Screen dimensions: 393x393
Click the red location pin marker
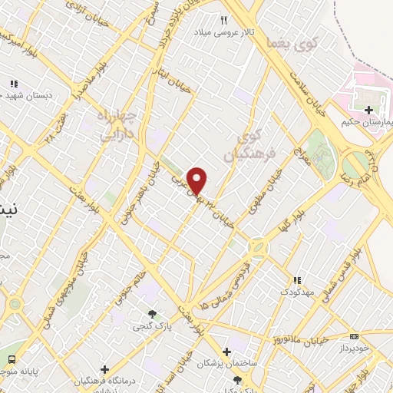[198, 180]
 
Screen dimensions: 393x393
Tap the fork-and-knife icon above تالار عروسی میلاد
[225, 21]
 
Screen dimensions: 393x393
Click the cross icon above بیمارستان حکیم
[371, 110]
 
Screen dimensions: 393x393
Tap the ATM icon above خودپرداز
[354, 336]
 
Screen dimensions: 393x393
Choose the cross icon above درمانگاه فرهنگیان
[105, 370]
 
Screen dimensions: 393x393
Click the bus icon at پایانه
[11, 359]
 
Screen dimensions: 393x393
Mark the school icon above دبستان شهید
[13, 84]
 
